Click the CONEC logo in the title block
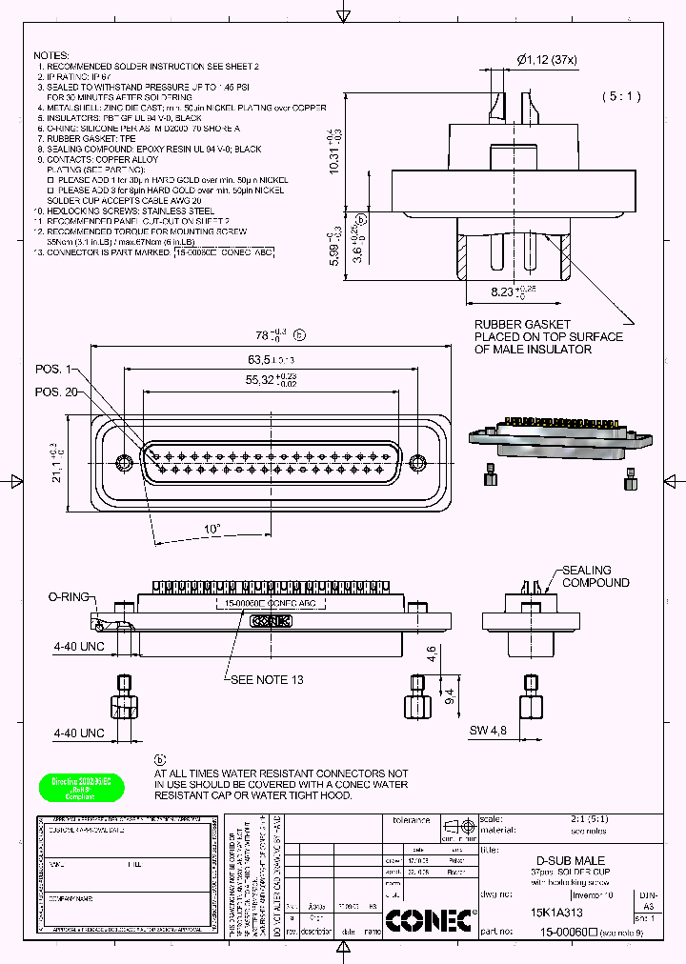point(430,920)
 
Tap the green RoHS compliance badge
point(81,787)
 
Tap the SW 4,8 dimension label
point(487,731)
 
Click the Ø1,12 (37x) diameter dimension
point(548,60)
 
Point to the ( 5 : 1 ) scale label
point(621,96)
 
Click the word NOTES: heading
point(52,56)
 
